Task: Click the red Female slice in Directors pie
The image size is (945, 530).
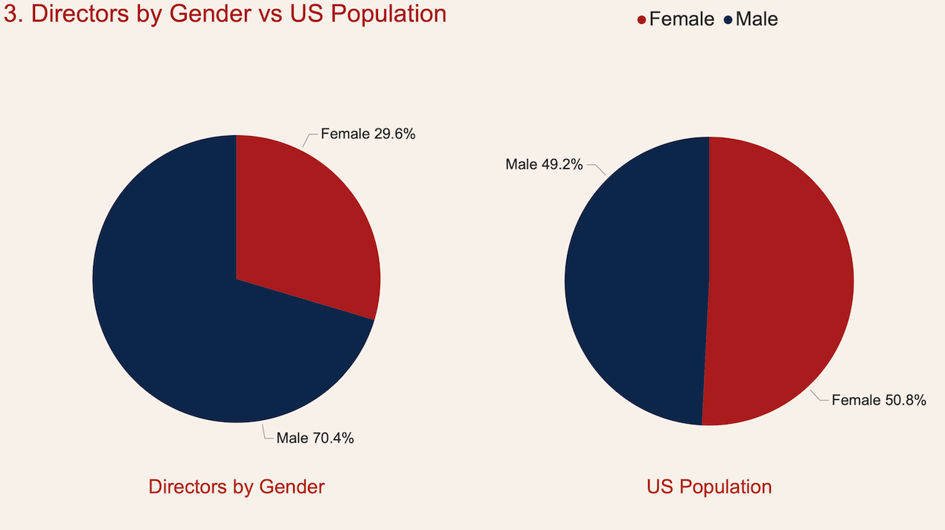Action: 305,223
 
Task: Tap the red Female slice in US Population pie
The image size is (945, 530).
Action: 781,282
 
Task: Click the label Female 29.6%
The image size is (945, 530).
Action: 368,135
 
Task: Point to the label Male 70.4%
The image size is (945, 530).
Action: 315,438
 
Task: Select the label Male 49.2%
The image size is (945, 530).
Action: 544,164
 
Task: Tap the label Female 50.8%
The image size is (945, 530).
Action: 879,400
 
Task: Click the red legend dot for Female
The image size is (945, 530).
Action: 641,20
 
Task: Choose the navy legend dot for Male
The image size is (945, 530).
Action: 728,20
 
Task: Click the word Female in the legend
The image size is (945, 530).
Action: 682,19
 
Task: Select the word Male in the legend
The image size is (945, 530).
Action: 757,19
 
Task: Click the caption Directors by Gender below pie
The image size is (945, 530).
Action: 237,487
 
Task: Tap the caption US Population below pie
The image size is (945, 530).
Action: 709,487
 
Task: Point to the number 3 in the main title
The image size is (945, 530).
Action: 10,14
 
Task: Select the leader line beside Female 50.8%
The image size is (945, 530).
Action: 819,397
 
